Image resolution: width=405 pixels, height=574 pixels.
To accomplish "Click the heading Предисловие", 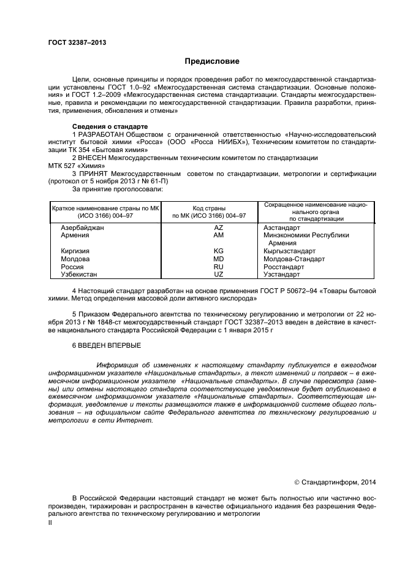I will click(212, 61).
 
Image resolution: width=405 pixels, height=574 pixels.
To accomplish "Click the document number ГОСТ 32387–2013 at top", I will click(77, 42).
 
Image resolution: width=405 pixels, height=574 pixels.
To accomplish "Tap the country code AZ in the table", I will click(218, 228).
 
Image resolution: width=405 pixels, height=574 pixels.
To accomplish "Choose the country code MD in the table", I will click(218, 259).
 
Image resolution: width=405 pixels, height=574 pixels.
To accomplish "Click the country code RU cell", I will click(218, 267).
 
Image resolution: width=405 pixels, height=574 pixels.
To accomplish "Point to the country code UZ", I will click(218, 275).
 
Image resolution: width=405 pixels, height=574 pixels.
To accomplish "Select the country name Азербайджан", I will click(83, 228).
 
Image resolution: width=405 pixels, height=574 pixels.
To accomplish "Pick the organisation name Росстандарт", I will click(284, 267).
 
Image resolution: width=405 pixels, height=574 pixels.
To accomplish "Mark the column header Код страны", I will click(209, 209).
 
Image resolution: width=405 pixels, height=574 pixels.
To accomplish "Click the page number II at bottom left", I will click(50, 523).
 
